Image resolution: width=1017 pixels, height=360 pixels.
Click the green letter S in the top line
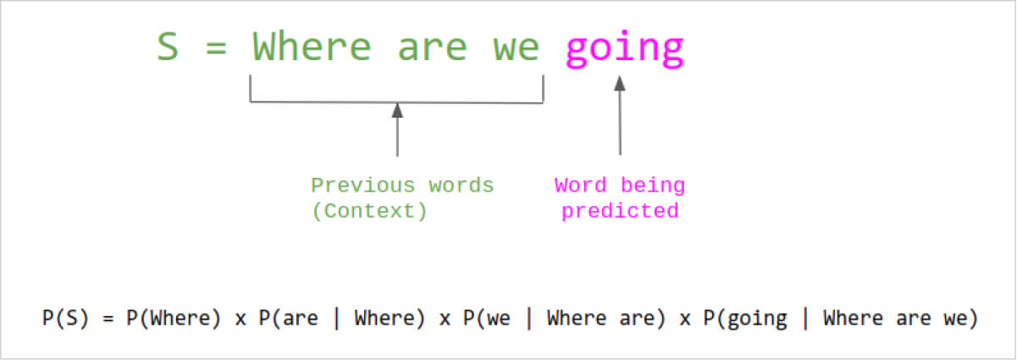point(168,47)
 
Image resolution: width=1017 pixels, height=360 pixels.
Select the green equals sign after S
point(216,47)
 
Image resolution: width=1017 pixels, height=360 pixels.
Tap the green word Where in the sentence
point(312,46)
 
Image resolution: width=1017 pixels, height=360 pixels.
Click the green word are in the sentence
point(432,49)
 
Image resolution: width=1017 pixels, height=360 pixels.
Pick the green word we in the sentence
point(517,49)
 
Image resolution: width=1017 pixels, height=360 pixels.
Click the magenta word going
point(624,49)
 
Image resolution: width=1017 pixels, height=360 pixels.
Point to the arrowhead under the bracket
point(397,110)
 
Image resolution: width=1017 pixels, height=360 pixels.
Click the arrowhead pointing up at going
point(620,83)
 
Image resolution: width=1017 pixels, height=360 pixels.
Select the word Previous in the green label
point(362,186)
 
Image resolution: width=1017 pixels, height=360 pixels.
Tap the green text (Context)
point(369,211)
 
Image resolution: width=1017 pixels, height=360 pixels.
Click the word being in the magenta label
point(652,186)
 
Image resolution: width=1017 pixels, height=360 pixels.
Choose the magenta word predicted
point(620,212)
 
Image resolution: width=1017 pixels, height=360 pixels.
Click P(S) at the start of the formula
point(65,318)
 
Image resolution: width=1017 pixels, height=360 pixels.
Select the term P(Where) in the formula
point(174,318)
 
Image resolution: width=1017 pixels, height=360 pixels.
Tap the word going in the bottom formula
point(757,319)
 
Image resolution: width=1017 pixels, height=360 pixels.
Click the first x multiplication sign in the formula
point(240,320)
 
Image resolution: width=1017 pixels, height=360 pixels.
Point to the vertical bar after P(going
point(806,318)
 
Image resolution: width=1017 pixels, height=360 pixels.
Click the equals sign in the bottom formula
point(108,318)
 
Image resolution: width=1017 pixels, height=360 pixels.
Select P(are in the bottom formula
point(288,318)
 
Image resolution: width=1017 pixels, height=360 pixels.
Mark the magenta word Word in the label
point(580,186)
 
